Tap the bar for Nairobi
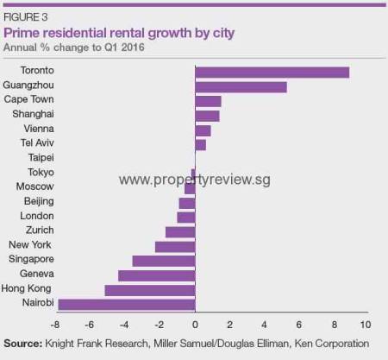126,303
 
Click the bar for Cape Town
208,101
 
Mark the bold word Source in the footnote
23,344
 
